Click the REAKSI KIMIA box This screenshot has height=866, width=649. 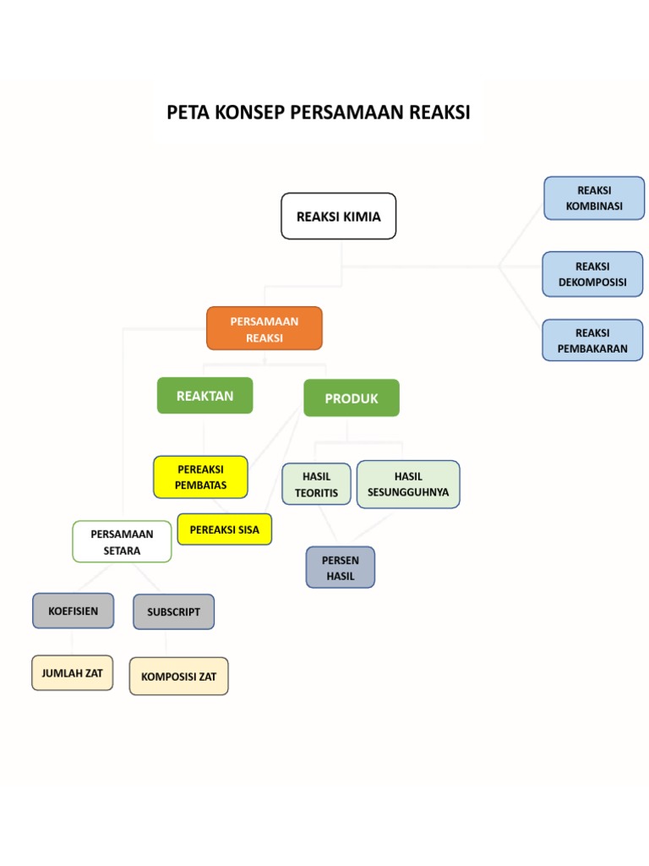(338, 216)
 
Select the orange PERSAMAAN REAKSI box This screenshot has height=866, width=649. (265, 328)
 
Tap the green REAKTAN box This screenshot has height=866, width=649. (205, 396)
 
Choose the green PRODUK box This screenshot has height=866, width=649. (351, 398)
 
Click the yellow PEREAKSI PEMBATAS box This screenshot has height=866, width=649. (200, 477)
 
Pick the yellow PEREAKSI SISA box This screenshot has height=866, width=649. (224, 529)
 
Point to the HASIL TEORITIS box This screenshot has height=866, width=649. (316, 485)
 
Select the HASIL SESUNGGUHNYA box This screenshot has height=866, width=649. (408, 484)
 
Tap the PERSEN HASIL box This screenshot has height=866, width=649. (340, 567)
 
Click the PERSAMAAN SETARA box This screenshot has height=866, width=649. (122, 542)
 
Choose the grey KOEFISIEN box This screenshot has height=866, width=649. (73, 611)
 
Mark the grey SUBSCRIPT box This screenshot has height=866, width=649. (173, 611)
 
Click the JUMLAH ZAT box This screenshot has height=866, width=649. (72, 673)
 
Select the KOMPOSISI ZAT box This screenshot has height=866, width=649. (178, 677)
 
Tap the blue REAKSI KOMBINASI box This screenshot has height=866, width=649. (593, 198)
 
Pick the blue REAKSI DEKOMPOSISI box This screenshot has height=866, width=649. (592, 274)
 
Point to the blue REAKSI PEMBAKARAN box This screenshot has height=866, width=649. (592, 340)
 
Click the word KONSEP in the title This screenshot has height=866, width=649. (244, 112)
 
